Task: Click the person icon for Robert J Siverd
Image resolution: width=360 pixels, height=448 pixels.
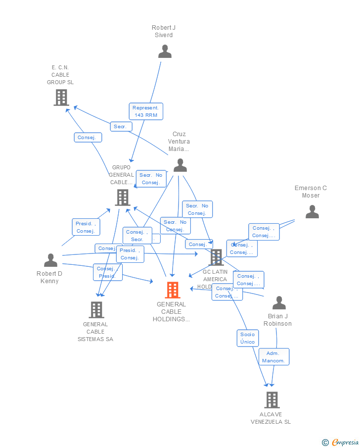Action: click(165, 51)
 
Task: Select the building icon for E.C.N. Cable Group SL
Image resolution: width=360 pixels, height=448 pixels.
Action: click(61, 98)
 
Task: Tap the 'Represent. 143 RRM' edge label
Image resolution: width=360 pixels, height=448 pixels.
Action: click(146, 111)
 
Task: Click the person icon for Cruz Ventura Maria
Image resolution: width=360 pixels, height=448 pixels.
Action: click(180, 165)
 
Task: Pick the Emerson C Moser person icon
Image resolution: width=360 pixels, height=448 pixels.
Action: click(312, 212)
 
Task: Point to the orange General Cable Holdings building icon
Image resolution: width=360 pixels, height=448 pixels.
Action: click(172, 290)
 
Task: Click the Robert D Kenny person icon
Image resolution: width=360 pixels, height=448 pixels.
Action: click(50, 260)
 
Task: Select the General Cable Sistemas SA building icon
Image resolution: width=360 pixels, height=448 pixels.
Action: click(96, 310)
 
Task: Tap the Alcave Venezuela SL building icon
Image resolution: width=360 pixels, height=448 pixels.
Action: click(271, 399)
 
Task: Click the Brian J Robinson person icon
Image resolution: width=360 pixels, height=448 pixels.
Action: click(279, 302)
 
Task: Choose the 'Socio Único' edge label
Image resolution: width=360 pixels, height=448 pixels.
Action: click(247, 338)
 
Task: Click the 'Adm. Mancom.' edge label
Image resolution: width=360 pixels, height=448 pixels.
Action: click(273, 357)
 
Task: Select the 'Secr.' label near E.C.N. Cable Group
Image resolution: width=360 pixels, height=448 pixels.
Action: click(121, 127)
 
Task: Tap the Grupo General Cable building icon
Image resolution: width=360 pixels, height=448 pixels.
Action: click(123, 197)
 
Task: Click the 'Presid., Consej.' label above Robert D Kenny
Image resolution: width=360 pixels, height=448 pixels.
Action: click(86, 227)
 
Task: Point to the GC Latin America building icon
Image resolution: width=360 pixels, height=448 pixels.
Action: click(216, 257)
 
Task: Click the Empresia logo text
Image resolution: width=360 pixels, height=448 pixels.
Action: click(344, 442)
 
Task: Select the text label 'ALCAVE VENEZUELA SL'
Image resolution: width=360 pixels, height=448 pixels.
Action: click(270, 418)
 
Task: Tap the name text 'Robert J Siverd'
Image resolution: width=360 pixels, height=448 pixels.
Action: click(164, 31)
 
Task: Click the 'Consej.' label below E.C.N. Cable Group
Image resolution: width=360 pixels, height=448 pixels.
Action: click(89, 138)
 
